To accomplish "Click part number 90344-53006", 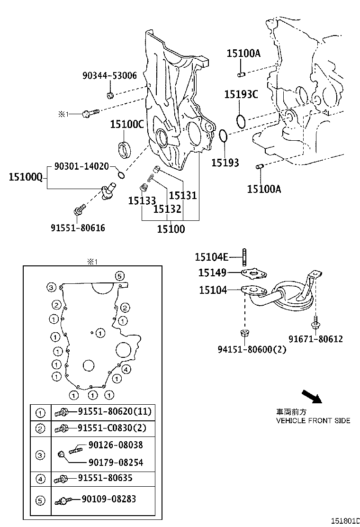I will pos(109,75).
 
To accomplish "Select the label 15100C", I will pos(126,125).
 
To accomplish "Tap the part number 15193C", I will pos(241,95).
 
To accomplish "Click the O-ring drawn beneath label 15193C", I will pos(241,120).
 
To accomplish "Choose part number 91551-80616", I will pos(78,228).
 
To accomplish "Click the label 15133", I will pos(142,201).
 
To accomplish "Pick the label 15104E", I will pos(212,257).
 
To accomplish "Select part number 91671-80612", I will pos(316,339).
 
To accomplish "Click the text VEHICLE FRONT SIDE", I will pos(313,420).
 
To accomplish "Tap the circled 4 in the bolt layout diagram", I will pos(126,369).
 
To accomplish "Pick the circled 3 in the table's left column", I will pos(40,455).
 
